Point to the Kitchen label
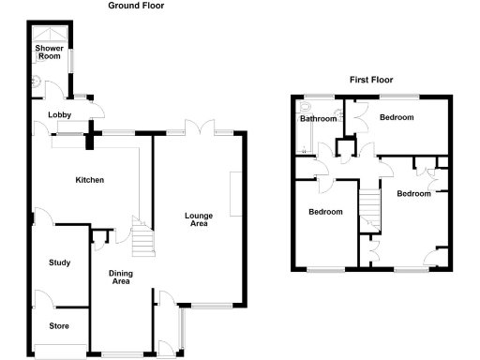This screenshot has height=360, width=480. pyautogui.click(x=90, y=180)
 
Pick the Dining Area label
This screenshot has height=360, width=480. pyautogui.click(x=120, y=277)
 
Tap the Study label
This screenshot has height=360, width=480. pyautogui.click(x=59, y=262)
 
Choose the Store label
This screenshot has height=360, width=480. pyautogui.click(x=59, y=326)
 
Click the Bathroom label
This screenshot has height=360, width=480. pyautogui.click(x=318, y=119)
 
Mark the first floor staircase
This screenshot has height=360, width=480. pyautogui.click(x=370, y=209)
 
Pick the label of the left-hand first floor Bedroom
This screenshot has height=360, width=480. pyautogui.click(x=325, y=212)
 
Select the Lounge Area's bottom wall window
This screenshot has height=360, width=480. pyautogui.click(x=213, y=306)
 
